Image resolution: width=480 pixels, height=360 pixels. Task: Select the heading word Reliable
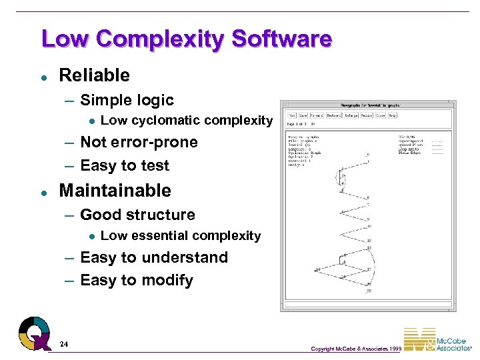(x=94, y=75)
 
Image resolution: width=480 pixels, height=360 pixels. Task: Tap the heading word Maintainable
(x=115, y=191)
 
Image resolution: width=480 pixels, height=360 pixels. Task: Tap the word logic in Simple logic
(x=154, y=101)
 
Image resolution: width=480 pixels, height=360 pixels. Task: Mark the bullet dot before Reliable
(x=43, y=76)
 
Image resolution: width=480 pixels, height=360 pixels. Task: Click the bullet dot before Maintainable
(x=43, y=191)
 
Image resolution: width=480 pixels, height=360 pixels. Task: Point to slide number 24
(x=63, y=344)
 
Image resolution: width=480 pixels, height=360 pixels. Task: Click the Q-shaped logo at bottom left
(x=34, y=333)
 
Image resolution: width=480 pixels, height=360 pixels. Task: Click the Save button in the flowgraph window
(x=303, y=115)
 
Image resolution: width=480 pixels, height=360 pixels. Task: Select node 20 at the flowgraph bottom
(x=368, y=290)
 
